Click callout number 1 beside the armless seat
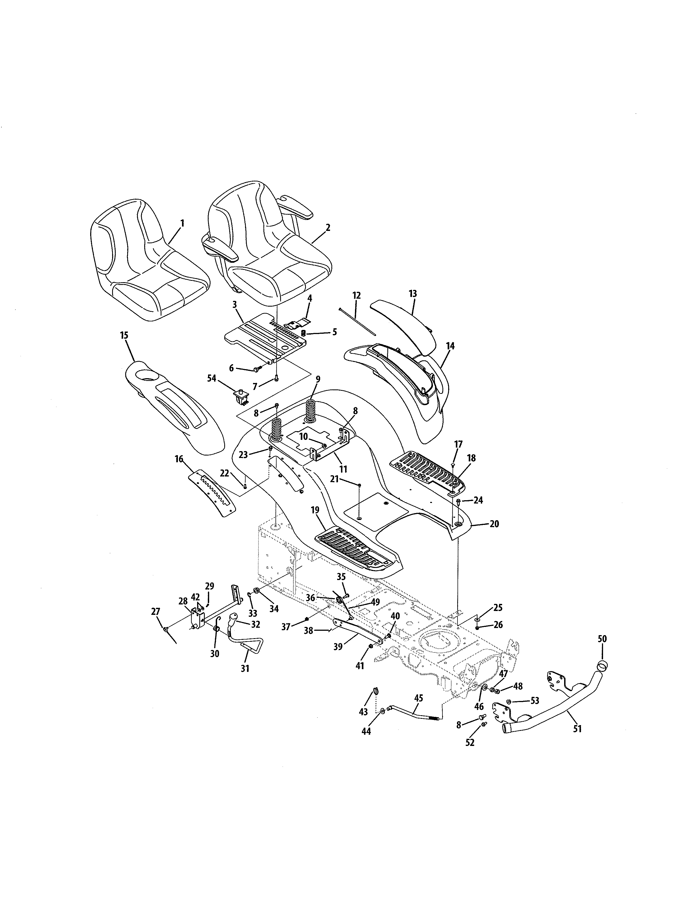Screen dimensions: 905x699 [x=182, y=223]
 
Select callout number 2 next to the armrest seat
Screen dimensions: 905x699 [x=328, y=228]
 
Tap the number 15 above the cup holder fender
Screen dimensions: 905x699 [x=124, y=335]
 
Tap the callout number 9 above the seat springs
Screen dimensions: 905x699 [x=318, y=379]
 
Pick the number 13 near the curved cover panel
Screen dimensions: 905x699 [x=413, y=294]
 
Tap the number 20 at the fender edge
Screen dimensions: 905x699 [x=494, y=524]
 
